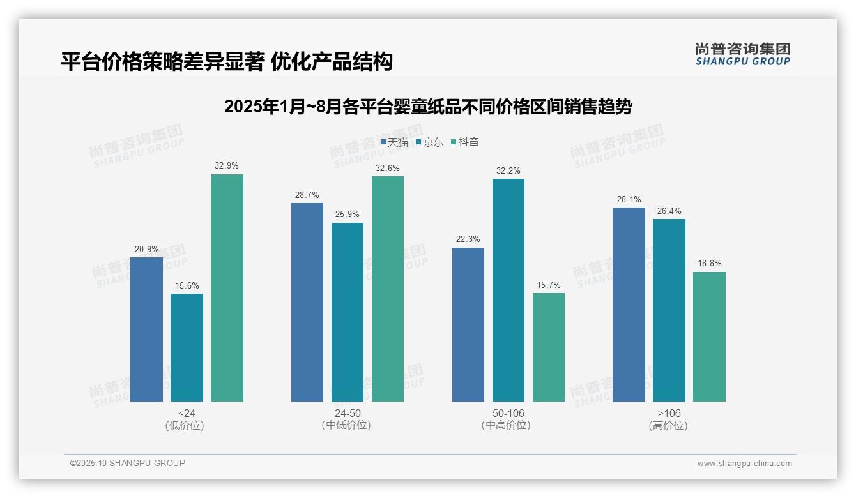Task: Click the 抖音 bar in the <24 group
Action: [227, 288]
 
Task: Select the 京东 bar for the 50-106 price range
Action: [508, 290]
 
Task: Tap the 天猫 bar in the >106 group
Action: [629, 305]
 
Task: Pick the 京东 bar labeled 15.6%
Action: [187, 347]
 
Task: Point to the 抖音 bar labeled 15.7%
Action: [548, 347]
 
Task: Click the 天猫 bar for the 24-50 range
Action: [307, 302]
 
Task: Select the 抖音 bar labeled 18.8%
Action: [709, 336]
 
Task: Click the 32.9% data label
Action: [227, 166]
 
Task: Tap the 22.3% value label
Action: [468, 239]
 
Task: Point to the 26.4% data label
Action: [669, 211]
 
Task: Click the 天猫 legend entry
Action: [394, 142]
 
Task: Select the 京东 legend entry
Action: [430, 142]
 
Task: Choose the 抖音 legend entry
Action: [465, 142]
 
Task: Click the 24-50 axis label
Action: [347, 413]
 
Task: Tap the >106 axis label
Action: [669, 413]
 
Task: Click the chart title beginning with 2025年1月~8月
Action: [427, 107]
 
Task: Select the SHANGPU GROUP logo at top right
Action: [742, 54]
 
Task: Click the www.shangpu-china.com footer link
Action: [744, 464]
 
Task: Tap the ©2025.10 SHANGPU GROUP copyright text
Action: [128, 463]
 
